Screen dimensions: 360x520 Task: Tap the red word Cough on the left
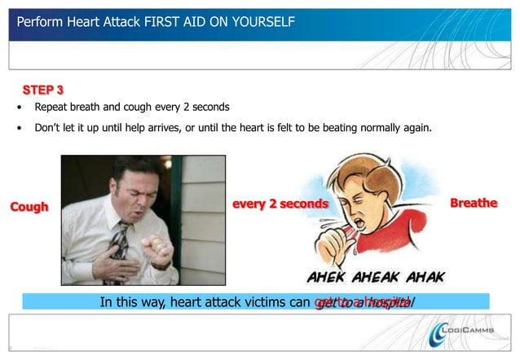29,207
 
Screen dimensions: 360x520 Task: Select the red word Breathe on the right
474,203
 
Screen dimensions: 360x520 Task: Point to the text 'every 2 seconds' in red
280,203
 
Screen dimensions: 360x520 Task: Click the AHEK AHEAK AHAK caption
376,277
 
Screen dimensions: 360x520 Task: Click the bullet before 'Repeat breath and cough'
20,108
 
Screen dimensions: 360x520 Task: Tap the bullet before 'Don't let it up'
20,128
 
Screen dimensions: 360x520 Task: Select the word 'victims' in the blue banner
253,302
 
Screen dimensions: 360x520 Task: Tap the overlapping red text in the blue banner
363,302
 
